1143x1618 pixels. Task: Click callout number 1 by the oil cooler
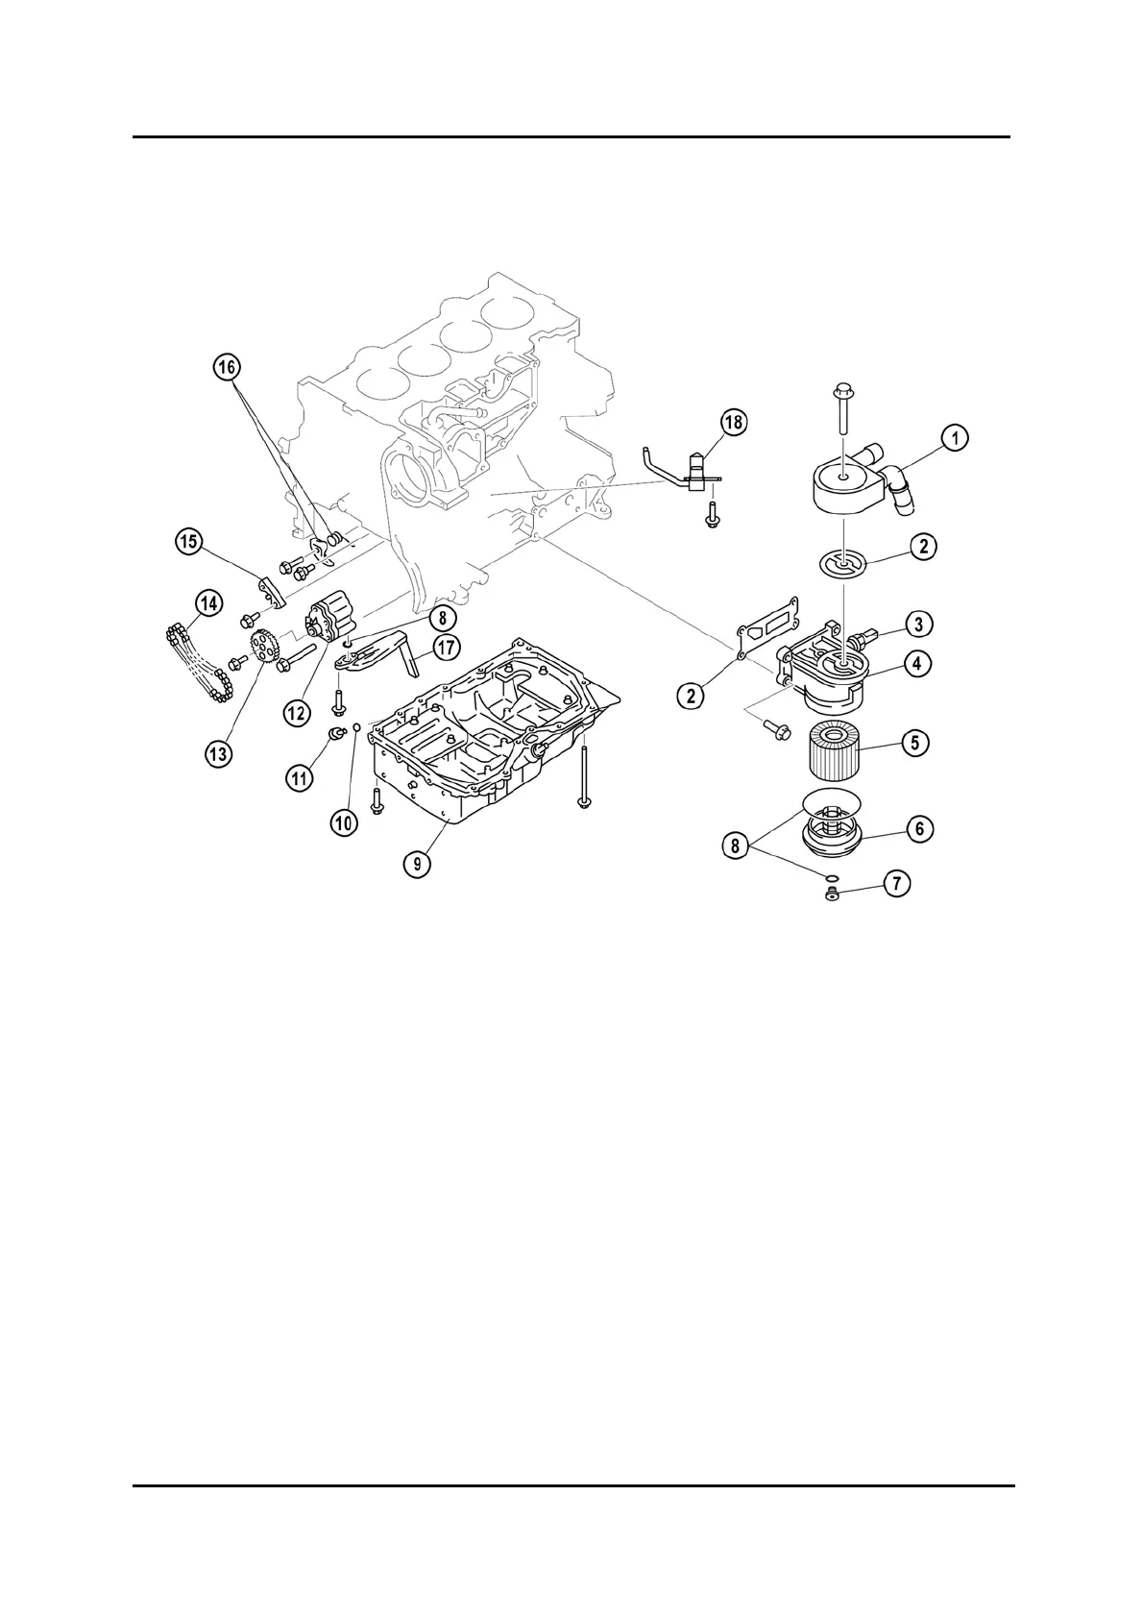(954, 438)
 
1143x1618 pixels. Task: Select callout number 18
(734, 422)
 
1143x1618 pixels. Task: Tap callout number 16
(228, 366)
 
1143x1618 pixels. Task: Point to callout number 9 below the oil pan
(418, 864)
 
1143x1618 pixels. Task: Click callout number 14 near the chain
(208, 603)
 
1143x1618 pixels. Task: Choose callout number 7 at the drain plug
(897, 883)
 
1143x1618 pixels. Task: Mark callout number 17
(446, 648)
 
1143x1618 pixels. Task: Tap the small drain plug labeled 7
(832, 896)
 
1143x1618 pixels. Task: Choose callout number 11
(301, 777)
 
